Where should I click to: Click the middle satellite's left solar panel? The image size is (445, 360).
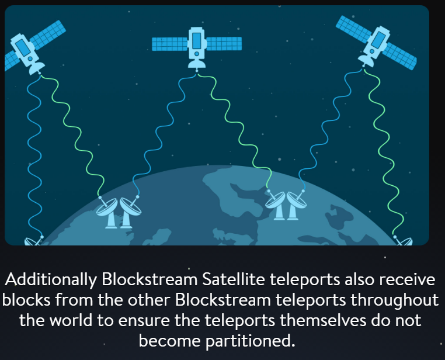170,44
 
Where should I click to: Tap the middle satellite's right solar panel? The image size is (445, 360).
224,44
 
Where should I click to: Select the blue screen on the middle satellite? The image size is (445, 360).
197,40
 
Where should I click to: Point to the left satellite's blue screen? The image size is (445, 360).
23,48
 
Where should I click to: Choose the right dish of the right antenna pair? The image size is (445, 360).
297,199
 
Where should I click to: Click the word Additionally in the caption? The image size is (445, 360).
51,280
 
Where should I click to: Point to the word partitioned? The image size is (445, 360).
251,341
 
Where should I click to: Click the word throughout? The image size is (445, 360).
395,300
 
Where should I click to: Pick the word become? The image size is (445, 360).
170,341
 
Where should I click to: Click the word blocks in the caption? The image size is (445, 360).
26,300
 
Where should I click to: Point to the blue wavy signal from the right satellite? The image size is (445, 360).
331,129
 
